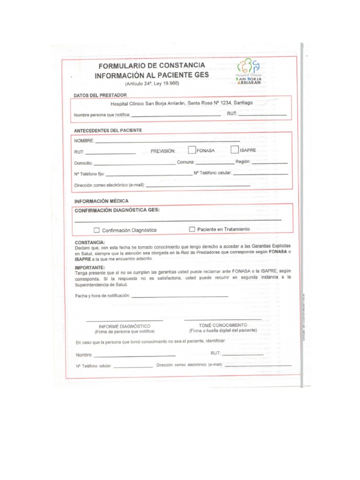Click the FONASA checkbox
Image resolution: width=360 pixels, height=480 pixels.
192,150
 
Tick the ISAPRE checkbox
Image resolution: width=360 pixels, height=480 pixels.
235,150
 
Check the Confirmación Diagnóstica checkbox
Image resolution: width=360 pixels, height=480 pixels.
97,230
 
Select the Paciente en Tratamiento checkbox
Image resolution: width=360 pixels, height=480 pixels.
192,229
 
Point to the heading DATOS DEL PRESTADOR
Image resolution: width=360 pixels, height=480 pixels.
100,95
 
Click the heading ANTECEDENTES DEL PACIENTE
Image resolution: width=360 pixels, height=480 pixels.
108,130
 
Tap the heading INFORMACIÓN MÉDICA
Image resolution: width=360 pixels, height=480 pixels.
102,201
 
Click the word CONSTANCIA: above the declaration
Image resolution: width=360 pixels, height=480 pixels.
90,242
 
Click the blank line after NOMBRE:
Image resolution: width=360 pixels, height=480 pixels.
167,141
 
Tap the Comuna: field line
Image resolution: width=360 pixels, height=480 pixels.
218,163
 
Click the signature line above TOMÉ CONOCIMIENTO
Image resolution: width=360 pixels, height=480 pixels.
223,320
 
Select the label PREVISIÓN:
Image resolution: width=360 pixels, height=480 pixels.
163,151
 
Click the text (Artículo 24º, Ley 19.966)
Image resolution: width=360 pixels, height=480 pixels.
151,84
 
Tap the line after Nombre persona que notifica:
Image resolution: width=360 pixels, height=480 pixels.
176,115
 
